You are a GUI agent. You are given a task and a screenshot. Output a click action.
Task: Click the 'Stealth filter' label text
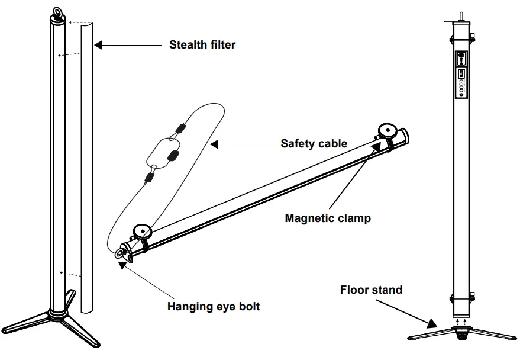[x=202, y=44]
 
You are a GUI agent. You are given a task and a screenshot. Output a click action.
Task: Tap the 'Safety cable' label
[x=314, y=143]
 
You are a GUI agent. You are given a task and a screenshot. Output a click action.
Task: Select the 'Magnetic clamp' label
[x=328, y=218]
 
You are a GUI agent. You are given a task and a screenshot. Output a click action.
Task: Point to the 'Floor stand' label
[x=371, y=290]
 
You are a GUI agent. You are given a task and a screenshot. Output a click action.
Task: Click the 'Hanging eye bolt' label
[x=214, y=306]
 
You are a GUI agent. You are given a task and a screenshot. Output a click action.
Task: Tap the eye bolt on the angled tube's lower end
[x=123, y=253]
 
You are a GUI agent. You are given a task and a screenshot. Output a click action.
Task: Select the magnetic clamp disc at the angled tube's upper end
[x=388, y=129]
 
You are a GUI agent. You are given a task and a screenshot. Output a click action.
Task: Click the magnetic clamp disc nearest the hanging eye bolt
[x=142, y=230]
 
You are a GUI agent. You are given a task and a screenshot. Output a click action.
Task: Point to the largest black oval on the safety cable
[x=174, y=155]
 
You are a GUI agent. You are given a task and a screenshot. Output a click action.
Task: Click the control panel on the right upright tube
[x=461, y=74]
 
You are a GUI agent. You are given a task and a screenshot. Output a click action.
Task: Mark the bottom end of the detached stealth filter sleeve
[x=87, y=308]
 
